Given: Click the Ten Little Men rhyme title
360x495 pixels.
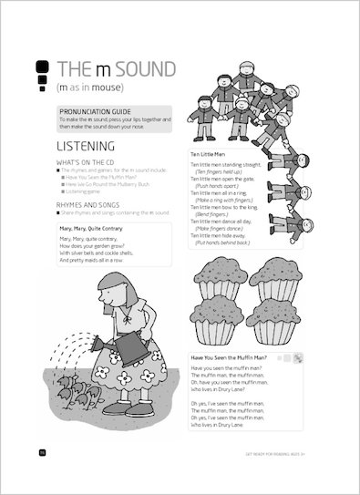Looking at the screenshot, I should [x=209, y=155].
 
